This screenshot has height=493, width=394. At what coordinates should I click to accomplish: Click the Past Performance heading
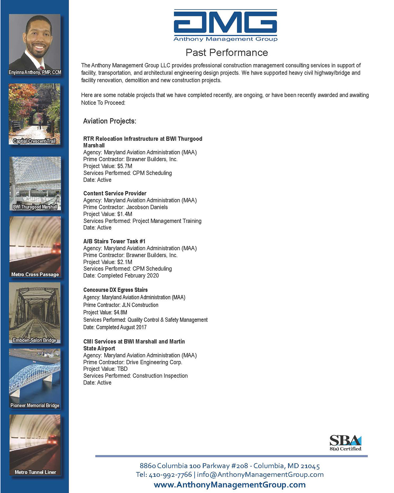[227, 53]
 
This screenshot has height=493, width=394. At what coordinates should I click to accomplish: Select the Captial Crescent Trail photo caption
[34, 141]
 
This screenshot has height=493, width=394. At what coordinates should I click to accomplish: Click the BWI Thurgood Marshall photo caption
[35, 207]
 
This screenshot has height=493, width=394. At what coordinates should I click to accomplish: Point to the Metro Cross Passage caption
[35, 274]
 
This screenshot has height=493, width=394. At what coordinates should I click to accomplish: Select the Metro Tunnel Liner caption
[35, 472]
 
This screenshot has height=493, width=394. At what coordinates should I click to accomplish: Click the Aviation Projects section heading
[110, 121]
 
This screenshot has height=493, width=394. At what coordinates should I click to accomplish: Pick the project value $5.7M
[124, 166]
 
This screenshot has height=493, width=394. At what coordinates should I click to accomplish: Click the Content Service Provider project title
[115, 194]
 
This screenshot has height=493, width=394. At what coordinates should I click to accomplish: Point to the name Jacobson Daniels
[147, 207]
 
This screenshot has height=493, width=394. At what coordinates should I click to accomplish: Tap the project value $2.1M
[124, 262]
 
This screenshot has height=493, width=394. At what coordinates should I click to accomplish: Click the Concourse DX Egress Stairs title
[116, 290]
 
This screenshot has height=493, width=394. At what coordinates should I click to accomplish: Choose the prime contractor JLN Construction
[140, 305]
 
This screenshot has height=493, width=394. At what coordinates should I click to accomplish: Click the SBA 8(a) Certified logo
[345, 443]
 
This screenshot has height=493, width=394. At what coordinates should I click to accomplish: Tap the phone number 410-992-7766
[170, 475]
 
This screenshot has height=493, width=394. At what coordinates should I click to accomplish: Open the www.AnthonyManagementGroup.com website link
[230, 485]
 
